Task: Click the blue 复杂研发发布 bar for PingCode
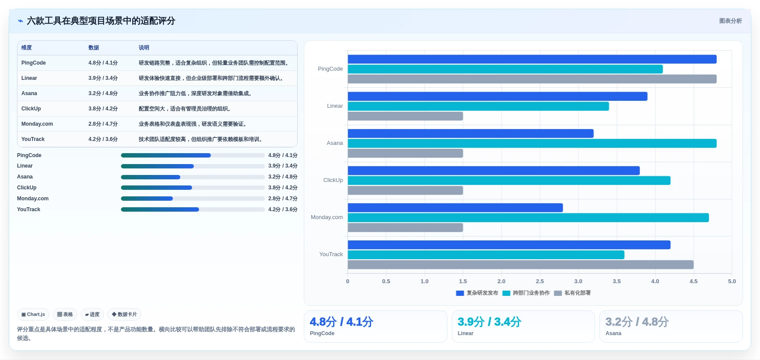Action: point(532,59)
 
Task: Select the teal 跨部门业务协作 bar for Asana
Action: point(532,143)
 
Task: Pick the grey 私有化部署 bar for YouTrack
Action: point(521,264)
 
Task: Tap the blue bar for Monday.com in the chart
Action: point(455,208)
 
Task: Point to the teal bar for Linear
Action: point(478,106)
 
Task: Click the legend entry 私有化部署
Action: point(572,293)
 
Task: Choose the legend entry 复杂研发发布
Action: point(477,293)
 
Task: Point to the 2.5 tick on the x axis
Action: point(540,281)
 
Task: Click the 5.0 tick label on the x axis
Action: point(732,281)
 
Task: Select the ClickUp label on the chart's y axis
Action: point(333,180)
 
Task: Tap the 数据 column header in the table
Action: point(94,48)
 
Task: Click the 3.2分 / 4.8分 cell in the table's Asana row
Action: point(103,93)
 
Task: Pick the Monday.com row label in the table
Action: point(37,124)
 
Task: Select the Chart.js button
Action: point(33,314)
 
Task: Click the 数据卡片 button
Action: point(124,314)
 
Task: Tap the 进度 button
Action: point(92,314)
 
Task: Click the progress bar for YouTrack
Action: point(193,209)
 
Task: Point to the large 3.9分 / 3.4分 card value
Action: point(489,322)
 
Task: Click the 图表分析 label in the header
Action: point(731,21)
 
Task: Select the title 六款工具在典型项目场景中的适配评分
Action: point(101,21)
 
